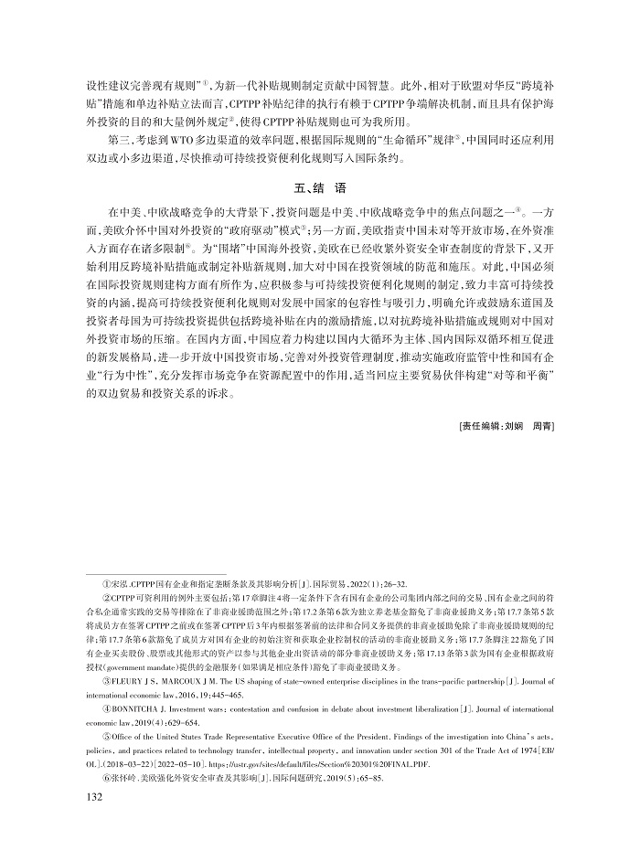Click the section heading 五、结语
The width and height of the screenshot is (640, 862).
pyautogui.click(x=319, y=189)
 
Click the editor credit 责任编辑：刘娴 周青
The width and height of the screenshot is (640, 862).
pyautogui.click(x=506, y=425)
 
